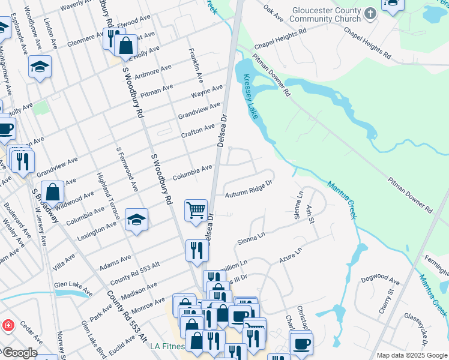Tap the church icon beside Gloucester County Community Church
[370, 13]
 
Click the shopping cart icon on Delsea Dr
[196, 210]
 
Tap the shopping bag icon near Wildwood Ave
[53, 192]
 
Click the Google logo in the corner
[19, 353]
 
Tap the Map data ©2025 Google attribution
[412, 355]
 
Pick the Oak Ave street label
[273, 15]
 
